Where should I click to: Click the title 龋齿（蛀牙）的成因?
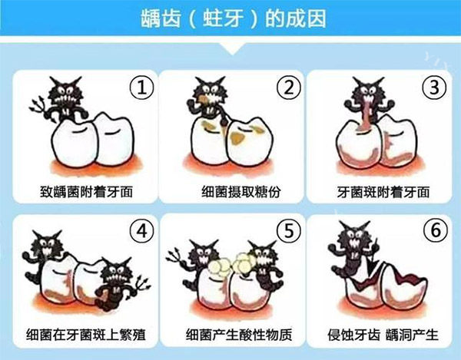(x=234, y=18)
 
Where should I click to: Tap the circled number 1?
(x=141, y=88)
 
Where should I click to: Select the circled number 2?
(x=289, y=88)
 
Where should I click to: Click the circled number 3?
(x=434, y=88)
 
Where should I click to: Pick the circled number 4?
(x=142, y=231)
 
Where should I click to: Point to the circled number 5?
(x=289, y=231)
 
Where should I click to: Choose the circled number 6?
(x=436, y=231)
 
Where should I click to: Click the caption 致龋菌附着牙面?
(x=86, y=192)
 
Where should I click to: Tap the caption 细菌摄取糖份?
(x=241, y=192)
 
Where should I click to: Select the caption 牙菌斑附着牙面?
(x=383, y=192)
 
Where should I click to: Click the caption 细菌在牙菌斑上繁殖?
(x=86, y=335)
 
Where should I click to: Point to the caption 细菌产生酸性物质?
(x=239, y=335)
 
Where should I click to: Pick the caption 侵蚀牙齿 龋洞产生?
(x=383, y=335)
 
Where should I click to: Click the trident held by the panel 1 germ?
(x=41, y=110)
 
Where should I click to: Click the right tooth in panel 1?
(x=113, y=140)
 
